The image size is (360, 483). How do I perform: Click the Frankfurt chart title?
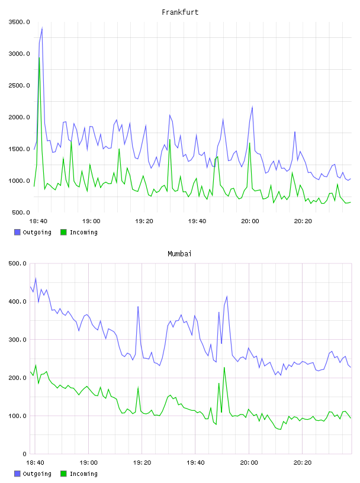[180, 12]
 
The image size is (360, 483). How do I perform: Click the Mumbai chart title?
[179, 254]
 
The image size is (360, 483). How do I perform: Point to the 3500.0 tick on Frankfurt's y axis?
[19, 22]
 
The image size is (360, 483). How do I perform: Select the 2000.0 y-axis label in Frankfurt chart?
[19, 117]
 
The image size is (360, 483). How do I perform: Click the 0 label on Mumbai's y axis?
[24, 454]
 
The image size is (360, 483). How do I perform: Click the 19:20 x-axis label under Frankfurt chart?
[144, 221]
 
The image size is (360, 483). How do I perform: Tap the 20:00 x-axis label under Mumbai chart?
[249, 462]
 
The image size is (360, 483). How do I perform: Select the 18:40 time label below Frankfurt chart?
[38, 221]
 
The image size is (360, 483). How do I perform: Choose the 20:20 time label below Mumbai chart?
[303, 462]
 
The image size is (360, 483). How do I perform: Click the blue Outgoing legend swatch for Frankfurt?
[17, 232]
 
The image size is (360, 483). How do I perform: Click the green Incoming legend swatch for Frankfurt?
[63, 232]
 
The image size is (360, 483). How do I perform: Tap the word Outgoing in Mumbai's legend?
[37, 474]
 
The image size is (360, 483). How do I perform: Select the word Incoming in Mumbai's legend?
[83, 474]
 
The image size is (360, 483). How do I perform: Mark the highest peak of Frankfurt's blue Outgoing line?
[42, 28]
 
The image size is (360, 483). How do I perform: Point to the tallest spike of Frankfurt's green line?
[39, 57]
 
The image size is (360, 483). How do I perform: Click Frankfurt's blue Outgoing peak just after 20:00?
[252, 107]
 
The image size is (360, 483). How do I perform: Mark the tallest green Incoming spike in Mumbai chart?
[224, 368]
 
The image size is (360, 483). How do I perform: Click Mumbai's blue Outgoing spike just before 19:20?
[138, 307]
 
